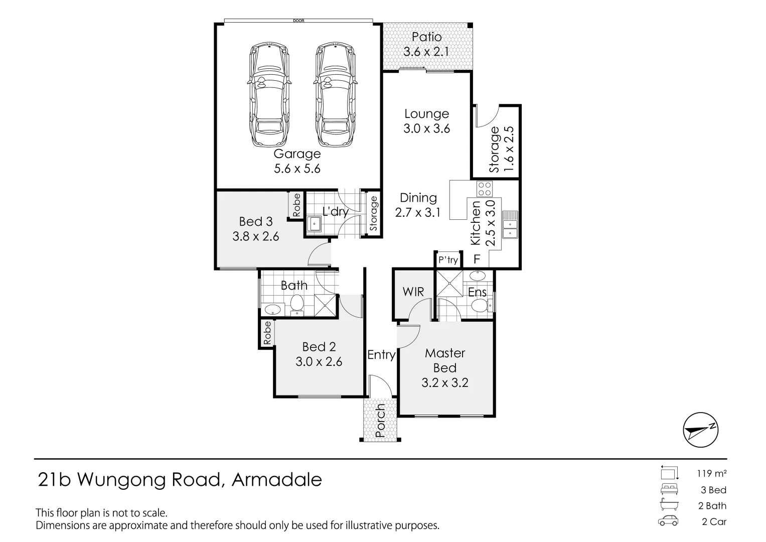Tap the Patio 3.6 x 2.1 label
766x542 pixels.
click(426, 44)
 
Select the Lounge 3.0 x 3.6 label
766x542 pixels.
click(426, 121)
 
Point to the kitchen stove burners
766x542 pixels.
click(485, 189)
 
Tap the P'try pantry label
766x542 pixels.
click(448, 260)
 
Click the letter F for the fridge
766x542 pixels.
click(477, 260)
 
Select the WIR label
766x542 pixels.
click(413, 292)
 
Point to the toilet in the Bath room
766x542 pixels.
click(297, 304)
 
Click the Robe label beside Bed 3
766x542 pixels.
click(296, 205)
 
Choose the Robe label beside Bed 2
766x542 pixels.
click(267, 333)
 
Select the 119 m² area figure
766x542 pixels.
click(711, 473)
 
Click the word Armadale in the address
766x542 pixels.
click(276, 480)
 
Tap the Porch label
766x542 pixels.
click(380, 421)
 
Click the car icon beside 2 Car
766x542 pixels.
click(668, 521)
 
